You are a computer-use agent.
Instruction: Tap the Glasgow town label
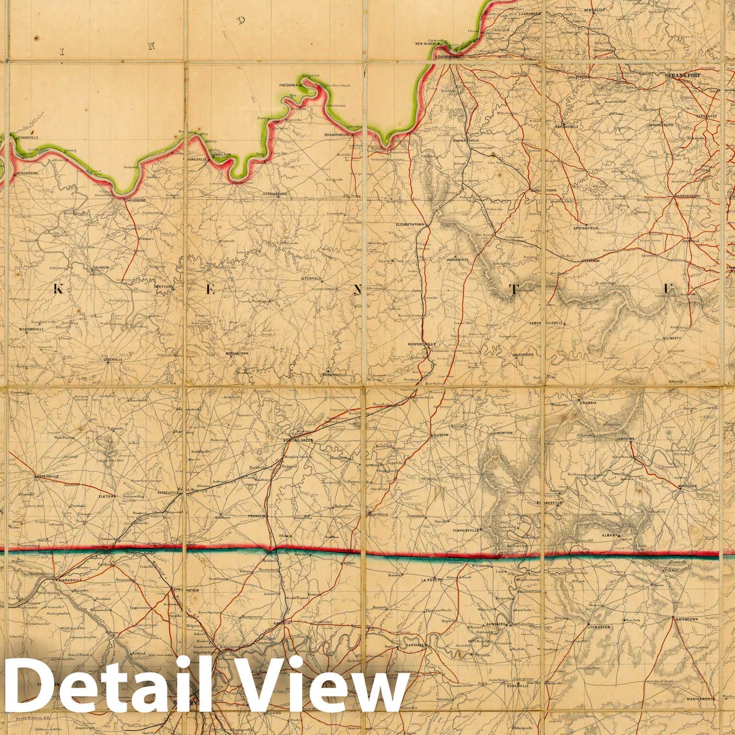[x=437, y=435]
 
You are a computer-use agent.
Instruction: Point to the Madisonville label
[x=32, y=329]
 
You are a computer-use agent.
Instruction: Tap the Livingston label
[x=599, y=627]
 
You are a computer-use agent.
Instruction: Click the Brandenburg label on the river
[x=338, y=135]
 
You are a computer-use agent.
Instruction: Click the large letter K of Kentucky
[x=58, y=288]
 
